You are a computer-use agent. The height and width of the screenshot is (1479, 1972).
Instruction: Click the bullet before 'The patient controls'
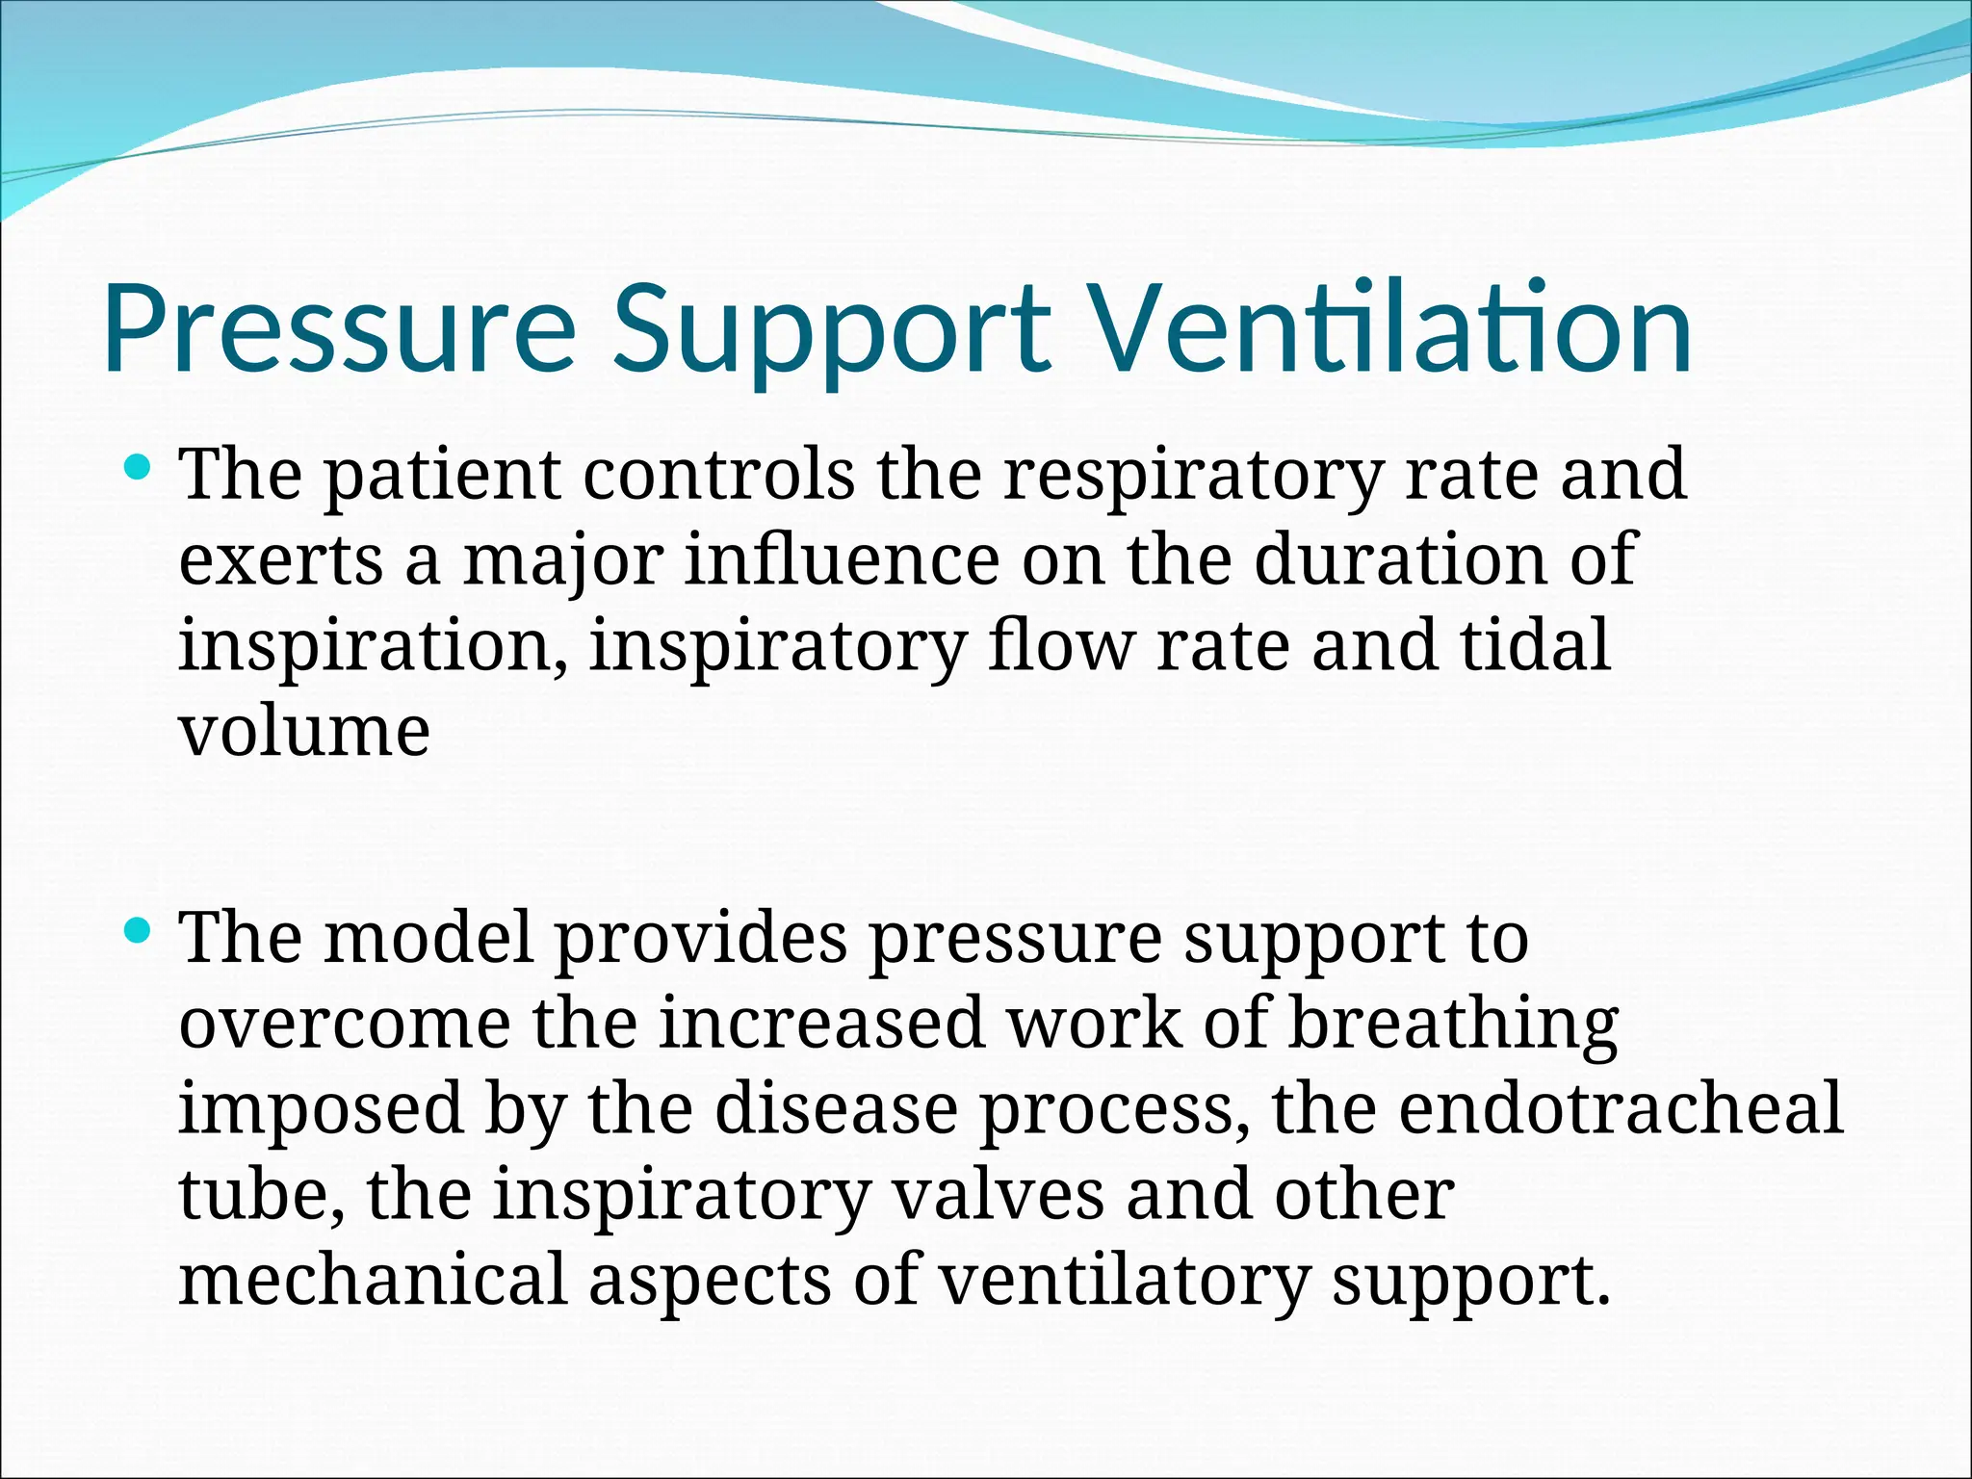point(139,469)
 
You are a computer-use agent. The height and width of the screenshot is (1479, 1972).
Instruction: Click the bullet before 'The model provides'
point(139,930)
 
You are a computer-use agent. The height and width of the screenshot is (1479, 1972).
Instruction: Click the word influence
point(842,560)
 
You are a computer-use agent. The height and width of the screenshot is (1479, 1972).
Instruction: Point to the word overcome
point(345,1024)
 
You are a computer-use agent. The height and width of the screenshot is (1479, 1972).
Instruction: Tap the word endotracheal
point(1621,1109)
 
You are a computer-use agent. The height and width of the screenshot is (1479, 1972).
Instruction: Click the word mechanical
point(373,1281)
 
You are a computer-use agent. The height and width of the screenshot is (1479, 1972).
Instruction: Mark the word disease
point(836,1109)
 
